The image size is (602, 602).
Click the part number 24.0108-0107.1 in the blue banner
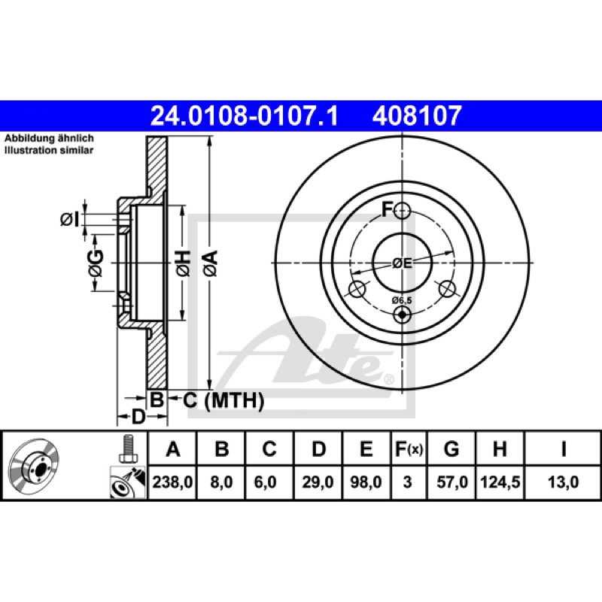(244, 116)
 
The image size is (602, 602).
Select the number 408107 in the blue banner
(417, 116)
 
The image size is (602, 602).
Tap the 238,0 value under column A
(172, 482)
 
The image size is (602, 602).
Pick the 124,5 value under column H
(500, 482)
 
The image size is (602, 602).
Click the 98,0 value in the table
(366, 482)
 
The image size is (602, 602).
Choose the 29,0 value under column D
(318, 482)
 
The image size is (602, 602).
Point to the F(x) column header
(409, 448)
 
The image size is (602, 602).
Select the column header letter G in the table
(451, 448)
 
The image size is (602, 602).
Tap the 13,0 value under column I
(563, 482)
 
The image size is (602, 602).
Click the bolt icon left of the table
(127, 449)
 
